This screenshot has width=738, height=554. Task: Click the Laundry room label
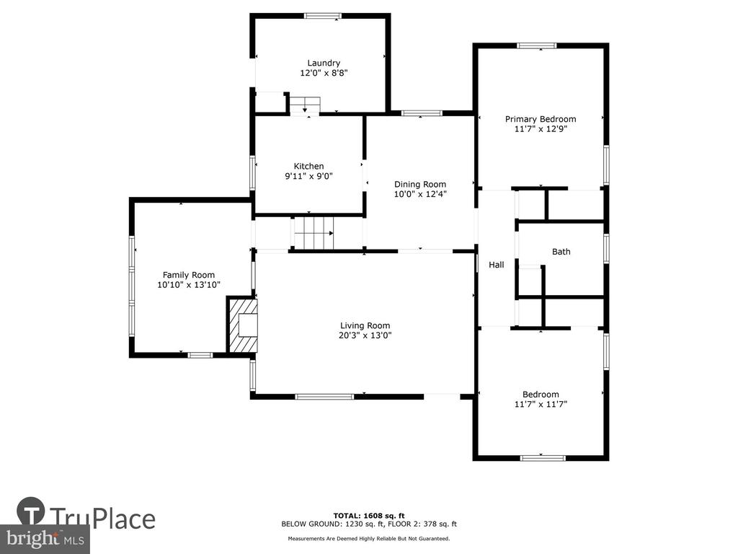click(x=324, y=63)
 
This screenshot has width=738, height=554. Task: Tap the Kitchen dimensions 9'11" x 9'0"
click(x=308, y=176)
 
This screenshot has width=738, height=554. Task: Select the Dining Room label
click(x=420, y=184)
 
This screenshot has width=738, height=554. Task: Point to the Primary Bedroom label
click(x=541, y=119)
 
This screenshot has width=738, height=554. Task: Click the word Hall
click(x=496, y=265)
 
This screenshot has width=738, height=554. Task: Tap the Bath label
click(x=561, y=252)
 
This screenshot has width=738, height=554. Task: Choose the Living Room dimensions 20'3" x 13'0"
click(x=365, y=335)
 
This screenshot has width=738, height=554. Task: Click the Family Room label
click(x=189, y=275)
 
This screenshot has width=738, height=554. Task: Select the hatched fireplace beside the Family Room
click(x=242, y=325)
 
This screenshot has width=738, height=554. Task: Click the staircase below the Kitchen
click(x=314, y=233)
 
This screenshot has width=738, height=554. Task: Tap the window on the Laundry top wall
click(x=322, y=16)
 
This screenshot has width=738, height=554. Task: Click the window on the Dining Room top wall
click(x=421, y=113)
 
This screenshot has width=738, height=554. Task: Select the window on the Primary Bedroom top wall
click(x=536, y=45)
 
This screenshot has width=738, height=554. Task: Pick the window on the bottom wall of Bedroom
click(x=543, y=457)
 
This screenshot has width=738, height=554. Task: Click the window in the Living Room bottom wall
click(x=324, y=397)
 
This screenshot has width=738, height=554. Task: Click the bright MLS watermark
click(x=45, y=539)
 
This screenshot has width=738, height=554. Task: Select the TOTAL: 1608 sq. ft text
click(x=369, y=516)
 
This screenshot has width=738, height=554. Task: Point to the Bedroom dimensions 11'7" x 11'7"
click(x=541, y=404)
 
